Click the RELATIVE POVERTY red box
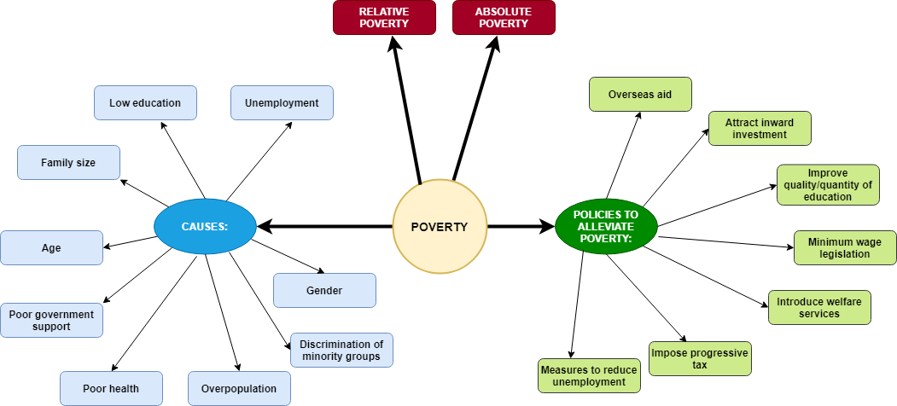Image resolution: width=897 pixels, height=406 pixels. click(384, 18)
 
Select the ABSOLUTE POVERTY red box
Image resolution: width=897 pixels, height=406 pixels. click(504, 18)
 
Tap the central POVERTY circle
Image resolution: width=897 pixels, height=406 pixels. click(440, 227)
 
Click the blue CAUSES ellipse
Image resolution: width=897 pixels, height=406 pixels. click(205, 227)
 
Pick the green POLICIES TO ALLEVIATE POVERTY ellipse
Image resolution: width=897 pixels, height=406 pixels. click(606, 227)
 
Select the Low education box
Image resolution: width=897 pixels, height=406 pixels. click(145, 102)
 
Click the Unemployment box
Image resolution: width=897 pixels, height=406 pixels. click(282, 102)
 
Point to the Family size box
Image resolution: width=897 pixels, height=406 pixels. click(68, 162)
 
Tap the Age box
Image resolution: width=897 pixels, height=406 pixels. click(51, 247)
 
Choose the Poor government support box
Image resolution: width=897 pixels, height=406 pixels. click(51, 320)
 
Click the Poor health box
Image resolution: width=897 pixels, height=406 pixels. click(111, 388)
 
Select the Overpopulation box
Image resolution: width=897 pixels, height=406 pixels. click(239, 388)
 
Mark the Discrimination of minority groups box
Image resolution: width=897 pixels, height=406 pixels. click(341, 350)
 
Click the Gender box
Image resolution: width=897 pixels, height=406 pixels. click(324, 290)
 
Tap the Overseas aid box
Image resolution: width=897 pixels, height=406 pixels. click(640, 94)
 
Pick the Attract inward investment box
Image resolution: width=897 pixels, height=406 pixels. click(760, 128)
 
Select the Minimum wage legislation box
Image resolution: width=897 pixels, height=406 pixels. click(845, 247)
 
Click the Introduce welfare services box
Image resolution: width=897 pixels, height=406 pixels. click(819, 307)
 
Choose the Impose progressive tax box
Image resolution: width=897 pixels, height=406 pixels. click(700, 358)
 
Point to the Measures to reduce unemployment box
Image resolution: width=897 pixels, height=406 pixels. click(589, 375)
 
